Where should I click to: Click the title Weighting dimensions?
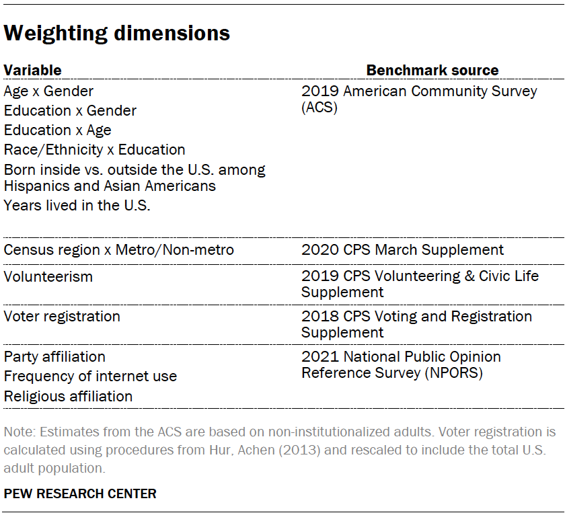click(x=117, y=33)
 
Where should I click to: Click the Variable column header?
click(x=32, y=70)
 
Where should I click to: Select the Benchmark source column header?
click(x=432, y=70)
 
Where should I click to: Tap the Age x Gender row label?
click(x=48, y=91)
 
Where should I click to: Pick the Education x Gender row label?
click(x=70, y=110)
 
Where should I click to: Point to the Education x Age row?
click(x=57, y=130)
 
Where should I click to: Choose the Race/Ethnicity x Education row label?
click(x=94, y=149)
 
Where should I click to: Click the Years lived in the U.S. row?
click(x=77, y=206)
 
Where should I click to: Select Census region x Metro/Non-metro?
click(x=119, y=250)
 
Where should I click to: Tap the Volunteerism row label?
click(x=48, y=276)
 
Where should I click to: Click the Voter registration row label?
click(x=62, y=316)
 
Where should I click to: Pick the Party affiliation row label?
click(x=54, y=356)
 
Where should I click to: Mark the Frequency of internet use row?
click(x=90, y=376)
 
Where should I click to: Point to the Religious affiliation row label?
click(x=68, y=396)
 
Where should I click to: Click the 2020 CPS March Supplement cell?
click(x=402, y=250)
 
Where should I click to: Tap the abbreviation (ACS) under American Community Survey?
click(x=319, y=107)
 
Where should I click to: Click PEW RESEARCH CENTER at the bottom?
click(x=80, y=493)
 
